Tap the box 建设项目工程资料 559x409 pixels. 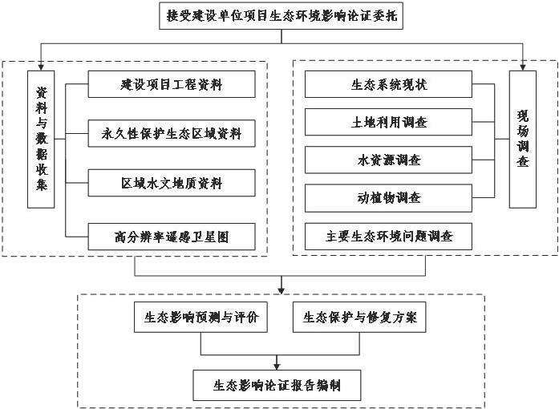pos(171,83)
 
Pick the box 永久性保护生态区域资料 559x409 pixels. pos(171,133)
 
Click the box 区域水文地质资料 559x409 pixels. pos(171,183)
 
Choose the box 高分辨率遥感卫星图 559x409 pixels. pos(171,237)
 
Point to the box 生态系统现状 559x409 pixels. pos(390,83)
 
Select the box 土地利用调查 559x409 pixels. pos(390,122)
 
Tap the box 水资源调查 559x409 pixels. pos(390,160)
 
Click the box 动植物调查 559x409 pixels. pos(390,197)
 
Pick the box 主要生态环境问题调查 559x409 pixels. pos(390,236)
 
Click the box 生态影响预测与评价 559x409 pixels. pos(201,317)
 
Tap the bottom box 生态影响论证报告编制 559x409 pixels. pos(276,384)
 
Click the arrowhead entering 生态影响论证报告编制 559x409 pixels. pos(277,365)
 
